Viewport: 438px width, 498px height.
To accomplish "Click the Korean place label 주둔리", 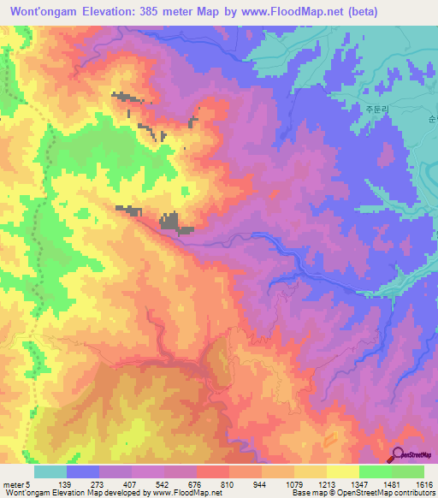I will point(376,110).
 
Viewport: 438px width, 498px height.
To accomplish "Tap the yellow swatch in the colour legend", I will point(344,472).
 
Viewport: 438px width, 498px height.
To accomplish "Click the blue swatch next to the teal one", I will point(83,472).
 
